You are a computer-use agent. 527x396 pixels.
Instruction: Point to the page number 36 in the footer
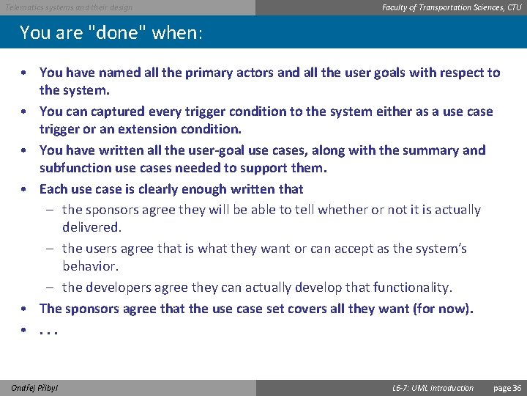click(x=517, y=387)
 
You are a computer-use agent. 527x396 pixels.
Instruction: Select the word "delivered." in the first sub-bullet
click(x=91, y=227)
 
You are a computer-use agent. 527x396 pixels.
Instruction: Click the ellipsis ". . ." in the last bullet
click(x=48, y=330)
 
